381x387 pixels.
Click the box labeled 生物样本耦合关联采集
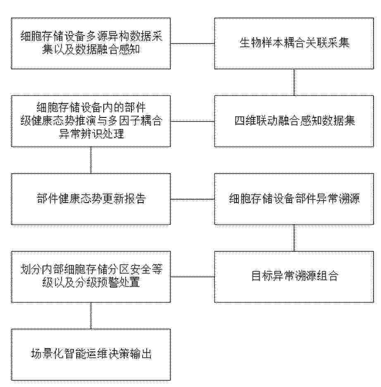click(294, 43)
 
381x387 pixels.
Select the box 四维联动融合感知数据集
click(294, 121)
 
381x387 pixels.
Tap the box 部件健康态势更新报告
click(91, 199)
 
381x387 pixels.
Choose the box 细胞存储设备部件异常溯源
click(294, 199)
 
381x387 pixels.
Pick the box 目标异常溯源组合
click(294, 277)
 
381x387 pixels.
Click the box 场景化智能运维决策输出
click(91, 354)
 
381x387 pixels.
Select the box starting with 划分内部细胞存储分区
click(91, 277)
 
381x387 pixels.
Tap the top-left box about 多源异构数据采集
click(91, 43)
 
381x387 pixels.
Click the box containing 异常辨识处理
click(91, 121)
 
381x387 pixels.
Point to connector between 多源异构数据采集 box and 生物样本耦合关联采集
click(192, 44)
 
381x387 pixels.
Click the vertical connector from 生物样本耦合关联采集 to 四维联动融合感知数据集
click(294, 82)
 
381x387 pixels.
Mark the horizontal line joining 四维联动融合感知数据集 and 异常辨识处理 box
click(192, 121)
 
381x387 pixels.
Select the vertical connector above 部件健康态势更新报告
click(91, 160)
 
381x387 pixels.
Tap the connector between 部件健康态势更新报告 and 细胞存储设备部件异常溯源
click(192, 199)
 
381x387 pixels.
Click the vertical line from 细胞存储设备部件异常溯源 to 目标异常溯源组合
click(294, 238)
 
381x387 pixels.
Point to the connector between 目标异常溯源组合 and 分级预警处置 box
click(192, 277)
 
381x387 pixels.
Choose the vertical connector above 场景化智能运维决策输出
click(91, 315)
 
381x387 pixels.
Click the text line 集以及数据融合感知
click(91, 49)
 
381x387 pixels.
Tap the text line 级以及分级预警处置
click(91, 282)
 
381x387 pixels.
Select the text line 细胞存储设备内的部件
click(91, 107)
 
